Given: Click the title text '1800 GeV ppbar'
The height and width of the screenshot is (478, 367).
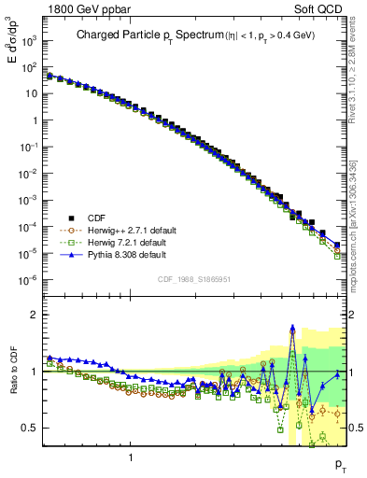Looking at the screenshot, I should click(81, 8).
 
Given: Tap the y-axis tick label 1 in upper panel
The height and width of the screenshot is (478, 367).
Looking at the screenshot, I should click(35, 120).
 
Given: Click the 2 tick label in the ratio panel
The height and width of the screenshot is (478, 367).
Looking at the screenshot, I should click(35, 315).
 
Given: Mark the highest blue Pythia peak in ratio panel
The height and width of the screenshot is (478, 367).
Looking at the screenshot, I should click(292, 328).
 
